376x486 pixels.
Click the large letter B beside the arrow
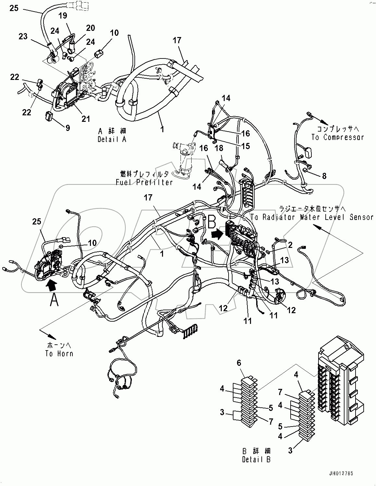pos(211,223)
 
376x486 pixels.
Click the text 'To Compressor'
pos(337,137)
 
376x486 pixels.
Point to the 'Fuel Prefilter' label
pos(144,183)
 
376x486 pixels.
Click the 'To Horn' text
pos(59,354)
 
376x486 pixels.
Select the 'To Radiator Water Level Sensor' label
pos(312,217)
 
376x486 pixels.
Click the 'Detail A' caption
pos(112,139)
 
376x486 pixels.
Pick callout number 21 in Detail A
pos(85,119)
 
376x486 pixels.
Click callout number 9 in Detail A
pos(68,128)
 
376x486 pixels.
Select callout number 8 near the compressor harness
pos(324,176)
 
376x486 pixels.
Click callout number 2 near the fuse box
pos(290,245)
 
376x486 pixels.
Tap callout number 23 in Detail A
pos(23,37)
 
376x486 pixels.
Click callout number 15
pos(245,146)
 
